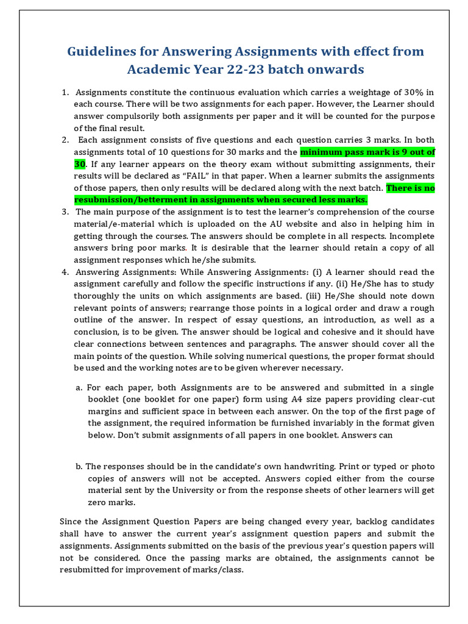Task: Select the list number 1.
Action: pos(65,93)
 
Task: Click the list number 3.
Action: pos(65,212)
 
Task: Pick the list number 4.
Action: pos(65,272)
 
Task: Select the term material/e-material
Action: pos(114,224)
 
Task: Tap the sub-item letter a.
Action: pos(79,388)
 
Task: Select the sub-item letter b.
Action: pos(79,466)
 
